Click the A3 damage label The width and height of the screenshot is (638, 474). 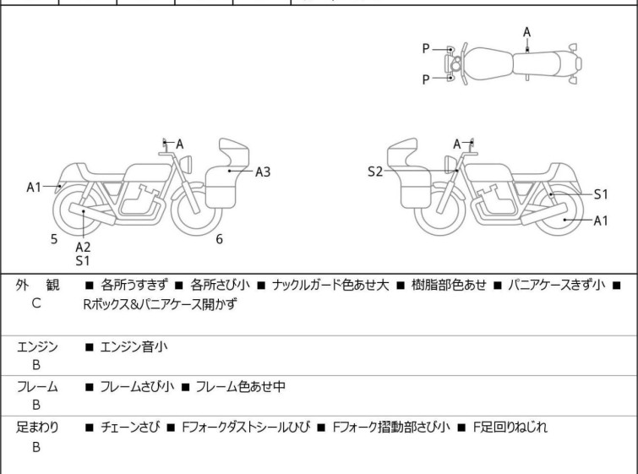pyautogui.click(x=263, y=172)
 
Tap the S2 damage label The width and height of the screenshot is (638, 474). pyautogui.click(x=375, y=172)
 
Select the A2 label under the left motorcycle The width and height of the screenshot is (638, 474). pyautogui.click(x=83, y=247)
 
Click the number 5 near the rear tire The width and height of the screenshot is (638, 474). pyautogui.click(x=54, y=239)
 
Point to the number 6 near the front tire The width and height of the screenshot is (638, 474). pyautogui.click(x=219, y=239)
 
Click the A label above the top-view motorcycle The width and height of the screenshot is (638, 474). pyautogui.click(x=526, y=32)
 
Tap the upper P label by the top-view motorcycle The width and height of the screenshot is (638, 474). pyautogui.click(x=426, y=49)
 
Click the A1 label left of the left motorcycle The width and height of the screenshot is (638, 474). pyautogui.click(x=34, y=187)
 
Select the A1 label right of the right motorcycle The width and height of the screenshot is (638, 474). pyautogui.click(x=601, y=221)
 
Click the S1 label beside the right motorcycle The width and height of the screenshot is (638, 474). pyautogui.click(x=601, y=194)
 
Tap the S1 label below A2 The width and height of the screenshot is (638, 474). pyautogui.click(x=83, y=261)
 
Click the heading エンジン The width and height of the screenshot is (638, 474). pyautogui.click(x=37, y=346)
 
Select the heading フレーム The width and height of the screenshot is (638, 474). pyautogui.click(x=37, y=387)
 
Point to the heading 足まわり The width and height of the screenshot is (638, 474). pyautogui.click(x=37, y=428)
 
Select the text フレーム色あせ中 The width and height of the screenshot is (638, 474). pyautogui.click(x=240, y=387)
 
